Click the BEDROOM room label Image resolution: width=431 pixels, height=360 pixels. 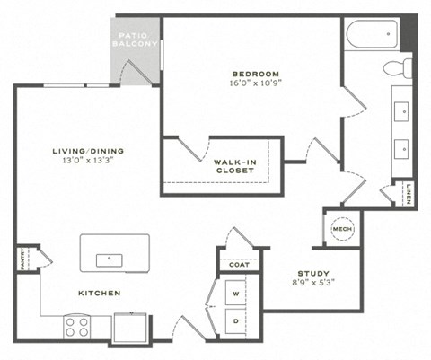tap(256, 73)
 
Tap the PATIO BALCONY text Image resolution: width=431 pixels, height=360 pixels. tap(136, 40)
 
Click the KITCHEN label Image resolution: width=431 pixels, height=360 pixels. tap(99, 294)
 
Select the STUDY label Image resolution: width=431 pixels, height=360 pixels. tap(313, 274)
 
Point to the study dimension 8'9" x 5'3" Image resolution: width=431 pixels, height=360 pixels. tap(313, 284)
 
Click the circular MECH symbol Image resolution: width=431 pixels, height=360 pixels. tap(341, 229)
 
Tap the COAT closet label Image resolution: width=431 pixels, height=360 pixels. tap(238, 265)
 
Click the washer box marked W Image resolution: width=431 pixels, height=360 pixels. tap(237, 294)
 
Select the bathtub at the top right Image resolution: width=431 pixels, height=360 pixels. tap(371, 33)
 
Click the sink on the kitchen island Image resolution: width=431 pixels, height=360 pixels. tap(109, 259)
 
